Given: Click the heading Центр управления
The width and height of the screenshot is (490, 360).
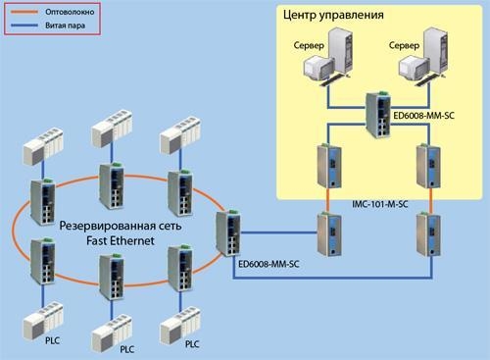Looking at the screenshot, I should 361,17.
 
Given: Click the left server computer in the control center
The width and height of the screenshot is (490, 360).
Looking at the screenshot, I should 326,64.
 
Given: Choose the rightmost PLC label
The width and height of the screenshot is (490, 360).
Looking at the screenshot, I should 192,344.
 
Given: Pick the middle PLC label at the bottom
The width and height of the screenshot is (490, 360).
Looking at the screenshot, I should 127,348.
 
